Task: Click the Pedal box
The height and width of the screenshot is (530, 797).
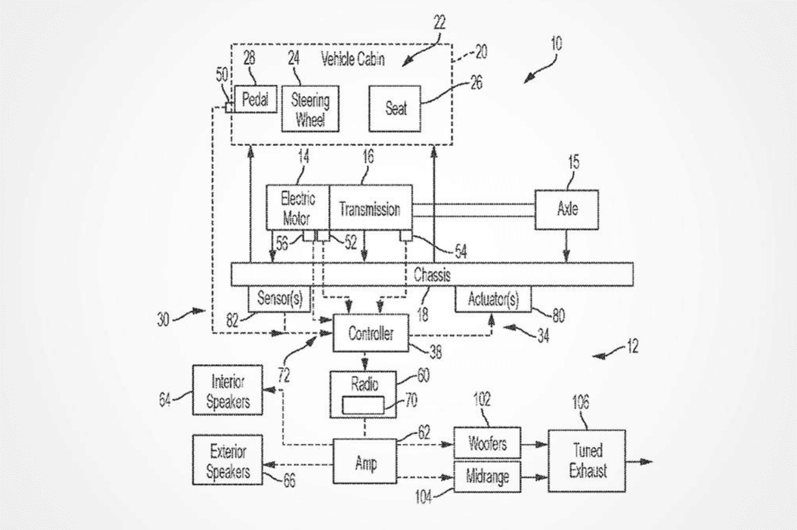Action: coord(255,100)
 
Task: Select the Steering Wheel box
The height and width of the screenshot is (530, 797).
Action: coord(310,109)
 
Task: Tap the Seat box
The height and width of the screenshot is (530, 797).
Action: coord(396,108)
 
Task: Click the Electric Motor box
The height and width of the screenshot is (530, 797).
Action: coord(298,207)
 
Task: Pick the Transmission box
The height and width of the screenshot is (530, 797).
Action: coord(370,207)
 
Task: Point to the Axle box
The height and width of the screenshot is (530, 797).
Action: coord(567,210)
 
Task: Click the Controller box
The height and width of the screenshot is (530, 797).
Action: coord(371,334)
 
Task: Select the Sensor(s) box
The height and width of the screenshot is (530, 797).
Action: coord(280,299)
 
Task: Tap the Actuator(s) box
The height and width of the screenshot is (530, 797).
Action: coord(493,299)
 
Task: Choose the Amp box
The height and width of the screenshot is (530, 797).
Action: coord(365,461)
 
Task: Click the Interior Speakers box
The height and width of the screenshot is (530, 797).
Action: coord(227,390)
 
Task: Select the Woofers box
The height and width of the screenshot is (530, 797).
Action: coord(487,443)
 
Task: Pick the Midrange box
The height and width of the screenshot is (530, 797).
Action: coord(487,477)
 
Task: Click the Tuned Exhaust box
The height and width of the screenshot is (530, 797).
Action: coord(587,461)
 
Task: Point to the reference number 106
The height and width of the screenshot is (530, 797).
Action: coord(580,402)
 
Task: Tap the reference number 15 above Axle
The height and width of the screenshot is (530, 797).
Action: coord(573,163)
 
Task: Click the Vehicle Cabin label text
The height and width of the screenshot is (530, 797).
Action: coord(352,59)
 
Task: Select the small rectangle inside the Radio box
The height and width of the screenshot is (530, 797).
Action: coord(363,405)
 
